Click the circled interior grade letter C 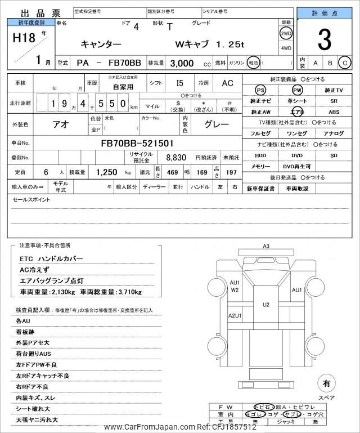point(345,63)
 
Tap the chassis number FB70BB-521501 point(137,143)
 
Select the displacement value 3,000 point(182,63)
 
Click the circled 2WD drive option point(286,33)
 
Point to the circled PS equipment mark point(260,90)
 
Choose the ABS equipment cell point(334,112)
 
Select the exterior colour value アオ point(61,124)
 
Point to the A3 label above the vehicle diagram point(266,246)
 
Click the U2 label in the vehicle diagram point(266,305)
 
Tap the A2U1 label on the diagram point(235,316)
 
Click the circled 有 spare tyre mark point(326,383)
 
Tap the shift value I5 point(179,83)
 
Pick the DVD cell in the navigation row point(296,155)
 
